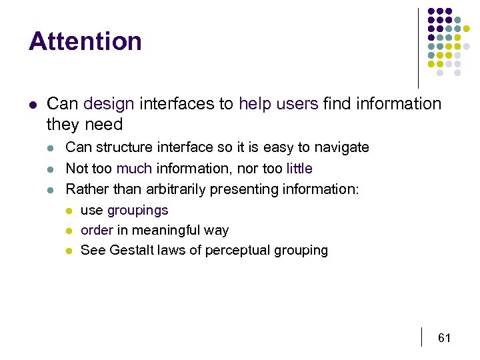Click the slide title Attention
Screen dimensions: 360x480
(85, 41)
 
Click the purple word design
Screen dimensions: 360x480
(109, 104)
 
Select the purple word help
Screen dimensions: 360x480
(254, 104)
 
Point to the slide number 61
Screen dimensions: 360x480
(445, 339)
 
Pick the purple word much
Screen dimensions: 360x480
(135, 169)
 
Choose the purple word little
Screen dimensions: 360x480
(299, 169)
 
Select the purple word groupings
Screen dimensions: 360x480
(138, 211)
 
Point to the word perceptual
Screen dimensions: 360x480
(237, 251)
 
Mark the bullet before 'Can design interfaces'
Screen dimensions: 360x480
(33, 105)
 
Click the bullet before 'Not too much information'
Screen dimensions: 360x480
(51, 169)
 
